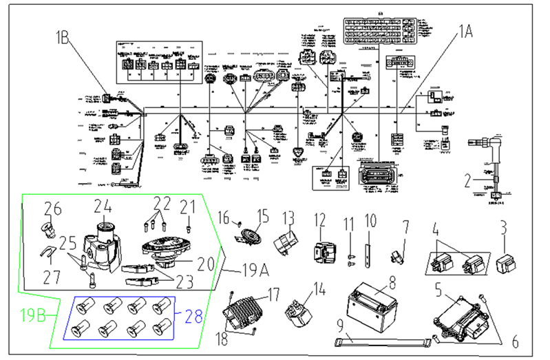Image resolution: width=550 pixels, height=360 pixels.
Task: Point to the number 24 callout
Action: (103, 206)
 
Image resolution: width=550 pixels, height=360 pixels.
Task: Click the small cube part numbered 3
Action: (505, 262)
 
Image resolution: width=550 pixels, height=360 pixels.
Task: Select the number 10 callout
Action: (371, 222)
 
